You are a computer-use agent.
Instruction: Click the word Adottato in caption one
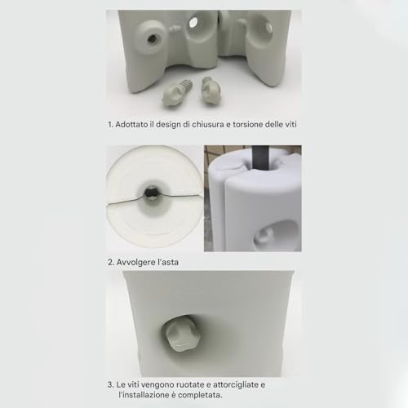coord(131,125)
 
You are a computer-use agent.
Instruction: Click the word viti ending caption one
coord(290,125)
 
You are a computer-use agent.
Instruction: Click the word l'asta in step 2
coord(168,262)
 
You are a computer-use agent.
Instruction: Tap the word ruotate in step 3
coord(193,385)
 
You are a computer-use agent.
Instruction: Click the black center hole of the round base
coord(150,193)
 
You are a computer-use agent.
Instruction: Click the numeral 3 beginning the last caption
coord(110,385)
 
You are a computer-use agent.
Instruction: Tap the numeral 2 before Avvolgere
coord(111,263)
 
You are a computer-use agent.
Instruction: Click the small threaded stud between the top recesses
coord(175,29)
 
